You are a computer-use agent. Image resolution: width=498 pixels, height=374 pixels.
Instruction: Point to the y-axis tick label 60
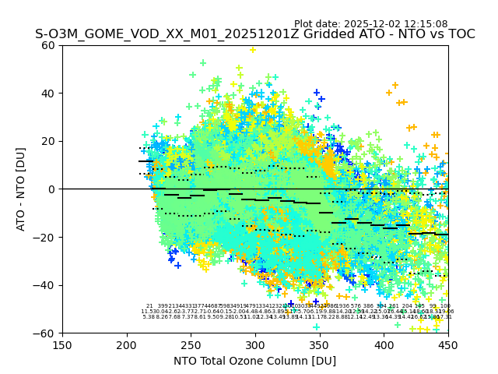[x=49, y=45]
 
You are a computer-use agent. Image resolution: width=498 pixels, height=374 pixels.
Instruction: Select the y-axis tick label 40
[x=49, y=93]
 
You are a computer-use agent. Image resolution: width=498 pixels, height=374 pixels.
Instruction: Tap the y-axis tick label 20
[x=49, y=141]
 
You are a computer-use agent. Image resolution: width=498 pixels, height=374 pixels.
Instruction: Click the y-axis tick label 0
[x=52, y=189]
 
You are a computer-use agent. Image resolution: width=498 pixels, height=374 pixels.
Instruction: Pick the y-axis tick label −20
[x=46, y=237]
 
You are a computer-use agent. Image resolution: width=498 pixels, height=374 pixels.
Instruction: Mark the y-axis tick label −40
[x=46, y=285]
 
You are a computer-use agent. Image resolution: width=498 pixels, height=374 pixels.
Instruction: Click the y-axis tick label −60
[x=46, y=333]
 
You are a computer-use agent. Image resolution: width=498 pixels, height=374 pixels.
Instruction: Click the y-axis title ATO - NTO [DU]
[x=21, y=189]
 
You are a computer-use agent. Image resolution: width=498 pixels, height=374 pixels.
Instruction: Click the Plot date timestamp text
[x=370, y=24]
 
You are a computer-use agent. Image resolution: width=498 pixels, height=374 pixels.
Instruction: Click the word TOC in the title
[x=460, y=35]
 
